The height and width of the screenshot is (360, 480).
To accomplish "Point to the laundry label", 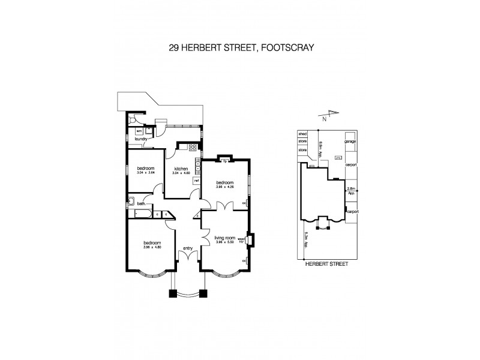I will tap(141, 139).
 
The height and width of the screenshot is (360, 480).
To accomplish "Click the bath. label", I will tap(142, 203).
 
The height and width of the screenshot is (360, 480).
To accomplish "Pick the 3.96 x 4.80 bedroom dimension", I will tap(154, 248).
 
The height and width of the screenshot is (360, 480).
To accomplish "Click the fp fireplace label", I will tap(225, 161).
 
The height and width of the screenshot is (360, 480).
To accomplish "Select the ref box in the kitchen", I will tap(196, 180).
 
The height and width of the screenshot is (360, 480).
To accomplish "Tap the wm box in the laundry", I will tap(139, 130).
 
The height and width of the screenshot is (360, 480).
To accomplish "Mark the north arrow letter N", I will tap(324, 119).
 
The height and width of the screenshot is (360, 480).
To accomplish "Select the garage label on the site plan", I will tap(350, 142).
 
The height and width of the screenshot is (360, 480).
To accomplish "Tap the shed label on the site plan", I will tap(302, 134).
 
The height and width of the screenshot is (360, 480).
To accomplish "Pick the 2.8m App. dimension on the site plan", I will tap(352, 191).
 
